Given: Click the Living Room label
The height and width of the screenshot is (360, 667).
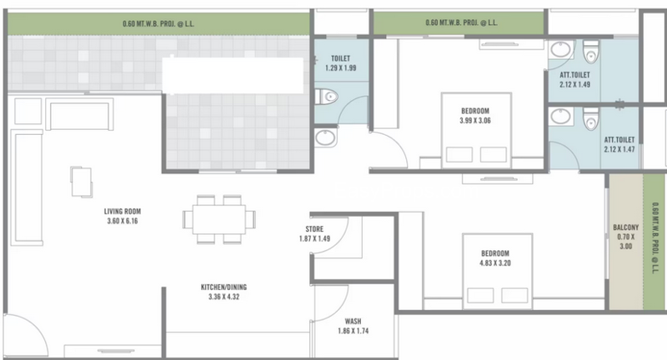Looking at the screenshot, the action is tap(123, 211).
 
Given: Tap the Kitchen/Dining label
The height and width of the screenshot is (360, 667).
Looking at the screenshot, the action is tap(223, 287).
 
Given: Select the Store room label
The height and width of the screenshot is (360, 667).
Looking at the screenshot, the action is tap(314, 229).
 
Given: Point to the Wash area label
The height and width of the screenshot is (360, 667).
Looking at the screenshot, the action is tap(353, 322).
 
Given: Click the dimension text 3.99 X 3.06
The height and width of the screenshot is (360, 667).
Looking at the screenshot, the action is tap(475, 121).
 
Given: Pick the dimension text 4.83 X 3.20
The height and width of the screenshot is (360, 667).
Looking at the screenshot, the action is tap(495, 263).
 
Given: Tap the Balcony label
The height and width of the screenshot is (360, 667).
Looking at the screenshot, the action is tap(626, 227).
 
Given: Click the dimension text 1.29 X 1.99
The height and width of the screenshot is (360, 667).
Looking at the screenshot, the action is tap(341, 68).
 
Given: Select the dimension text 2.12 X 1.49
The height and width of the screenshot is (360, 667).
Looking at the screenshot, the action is tap(574, 84).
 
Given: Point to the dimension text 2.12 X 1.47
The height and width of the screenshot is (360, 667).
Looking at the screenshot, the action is tap(619, 149).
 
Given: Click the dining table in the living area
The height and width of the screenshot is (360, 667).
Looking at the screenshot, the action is tap(219, 219).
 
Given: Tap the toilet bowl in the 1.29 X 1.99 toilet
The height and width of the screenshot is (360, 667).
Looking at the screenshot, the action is tap(327, 97).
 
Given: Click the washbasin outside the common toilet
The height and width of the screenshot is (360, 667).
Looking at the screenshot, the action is tap(326, 137).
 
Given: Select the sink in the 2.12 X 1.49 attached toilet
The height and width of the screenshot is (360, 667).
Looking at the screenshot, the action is tap(561, 49).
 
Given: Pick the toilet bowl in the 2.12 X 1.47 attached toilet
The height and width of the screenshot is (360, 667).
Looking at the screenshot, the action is tap(591, 118).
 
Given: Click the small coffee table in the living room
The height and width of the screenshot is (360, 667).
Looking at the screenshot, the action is tap(82, 182).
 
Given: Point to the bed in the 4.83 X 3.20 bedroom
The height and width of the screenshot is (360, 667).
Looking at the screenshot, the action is tap(497, 271).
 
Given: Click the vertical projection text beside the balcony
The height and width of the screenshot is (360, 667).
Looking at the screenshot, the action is tap(655, 237).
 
